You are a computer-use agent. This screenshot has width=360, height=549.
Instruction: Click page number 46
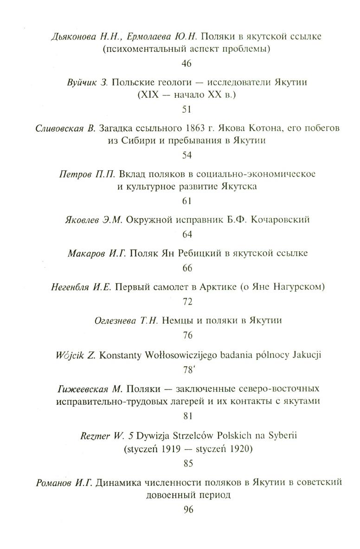[187, 64]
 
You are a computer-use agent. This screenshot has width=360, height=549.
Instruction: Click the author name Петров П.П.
[88, 174]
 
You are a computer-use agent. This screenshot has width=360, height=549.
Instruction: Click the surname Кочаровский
[280, 220]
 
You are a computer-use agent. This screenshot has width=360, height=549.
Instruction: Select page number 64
[187, 235]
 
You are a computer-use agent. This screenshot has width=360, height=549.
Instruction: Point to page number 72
[187, 302]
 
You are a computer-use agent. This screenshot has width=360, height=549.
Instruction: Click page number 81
[187, 416]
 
